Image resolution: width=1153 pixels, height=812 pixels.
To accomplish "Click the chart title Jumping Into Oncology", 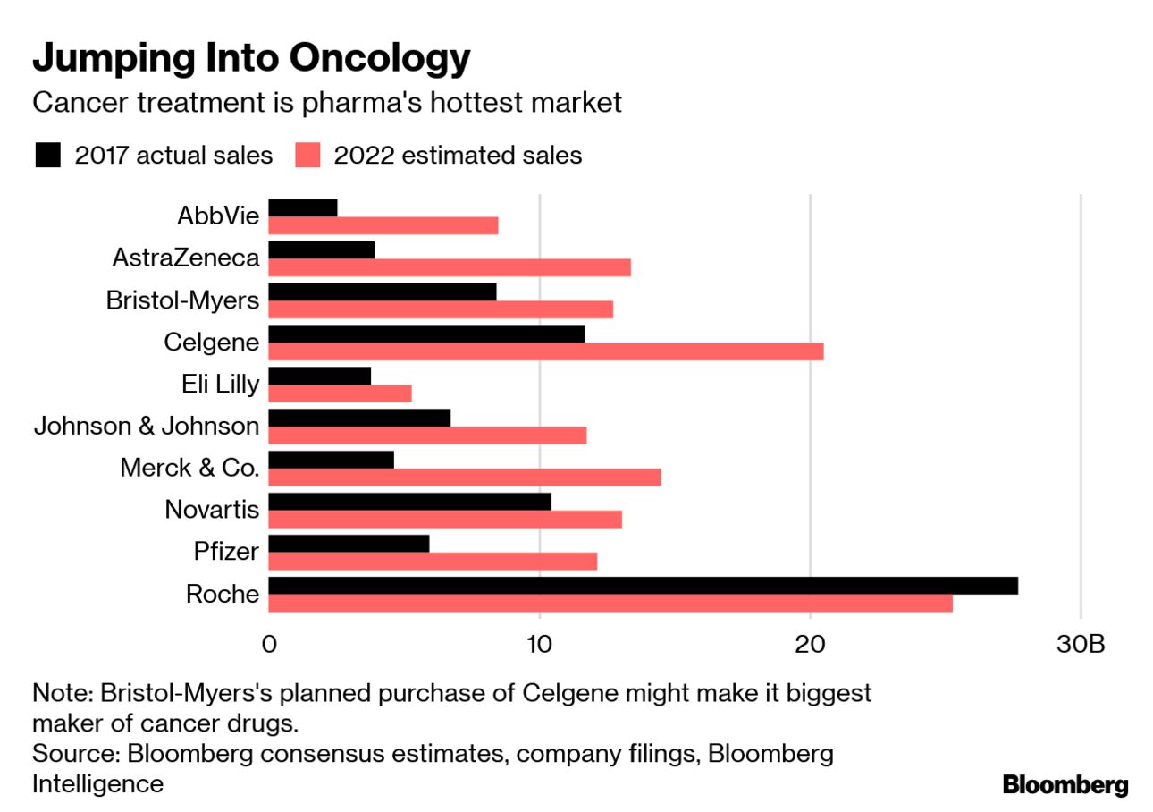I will click(251, 59).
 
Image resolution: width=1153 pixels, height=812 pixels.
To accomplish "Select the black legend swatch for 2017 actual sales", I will click(47, 156).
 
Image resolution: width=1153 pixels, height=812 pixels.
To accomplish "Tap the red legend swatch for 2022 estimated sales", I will click(307, 156).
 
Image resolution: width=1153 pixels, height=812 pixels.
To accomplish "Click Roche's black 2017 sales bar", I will click(643, 586).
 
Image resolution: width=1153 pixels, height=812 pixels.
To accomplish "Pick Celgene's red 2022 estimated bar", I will click(545, 351).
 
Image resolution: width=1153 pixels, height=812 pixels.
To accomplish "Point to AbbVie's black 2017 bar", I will click(303, 207).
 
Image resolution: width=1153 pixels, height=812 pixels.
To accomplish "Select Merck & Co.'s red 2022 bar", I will click(464, 478).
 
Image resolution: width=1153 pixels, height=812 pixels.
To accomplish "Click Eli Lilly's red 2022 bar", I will click(340, 393).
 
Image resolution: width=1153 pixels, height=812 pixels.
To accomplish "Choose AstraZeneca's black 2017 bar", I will click(321, 250).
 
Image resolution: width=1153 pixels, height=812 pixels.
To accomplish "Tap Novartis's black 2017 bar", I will click(409, 502).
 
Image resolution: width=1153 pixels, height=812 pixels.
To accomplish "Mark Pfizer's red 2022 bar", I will click(433, 562).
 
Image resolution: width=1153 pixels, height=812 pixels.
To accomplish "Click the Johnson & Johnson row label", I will click(147, 426).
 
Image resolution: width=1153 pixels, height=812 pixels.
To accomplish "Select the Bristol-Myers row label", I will click(182, 300).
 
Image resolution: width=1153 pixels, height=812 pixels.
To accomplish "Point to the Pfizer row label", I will click(226, 552).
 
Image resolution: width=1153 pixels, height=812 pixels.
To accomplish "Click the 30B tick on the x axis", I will click(1081, 645).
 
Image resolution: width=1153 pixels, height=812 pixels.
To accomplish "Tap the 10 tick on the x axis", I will click(539, 645).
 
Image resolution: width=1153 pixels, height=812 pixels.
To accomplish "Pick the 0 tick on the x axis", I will click(269, 645).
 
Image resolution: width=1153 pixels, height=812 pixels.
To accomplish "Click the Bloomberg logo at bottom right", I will click(1065, 785).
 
